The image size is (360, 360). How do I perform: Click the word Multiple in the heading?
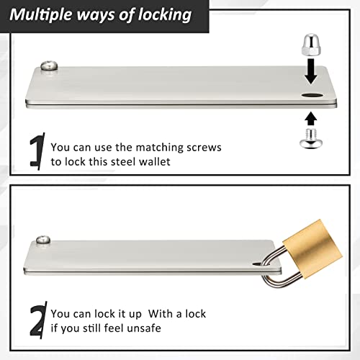click(x=41, y=15)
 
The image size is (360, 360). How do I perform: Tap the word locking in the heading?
click(x=165, y=15)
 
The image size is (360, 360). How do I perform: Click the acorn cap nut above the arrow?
click(x=311, y=44)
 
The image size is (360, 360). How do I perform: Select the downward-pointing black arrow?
click(x=311, y=71)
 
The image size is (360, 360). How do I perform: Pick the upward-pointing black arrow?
click(x=311, y=119)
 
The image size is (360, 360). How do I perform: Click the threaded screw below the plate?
click(x=311, y=138)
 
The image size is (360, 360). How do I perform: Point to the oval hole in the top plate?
click(x=312, y=96)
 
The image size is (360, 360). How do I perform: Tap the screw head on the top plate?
click(x=49, y=66)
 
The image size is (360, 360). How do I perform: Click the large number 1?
click(x=37, y=151)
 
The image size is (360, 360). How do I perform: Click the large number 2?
click(x=38, y=320)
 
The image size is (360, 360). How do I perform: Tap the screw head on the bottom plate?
click(x=43, y=240)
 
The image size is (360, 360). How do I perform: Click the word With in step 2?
click(x=161, y=314)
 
